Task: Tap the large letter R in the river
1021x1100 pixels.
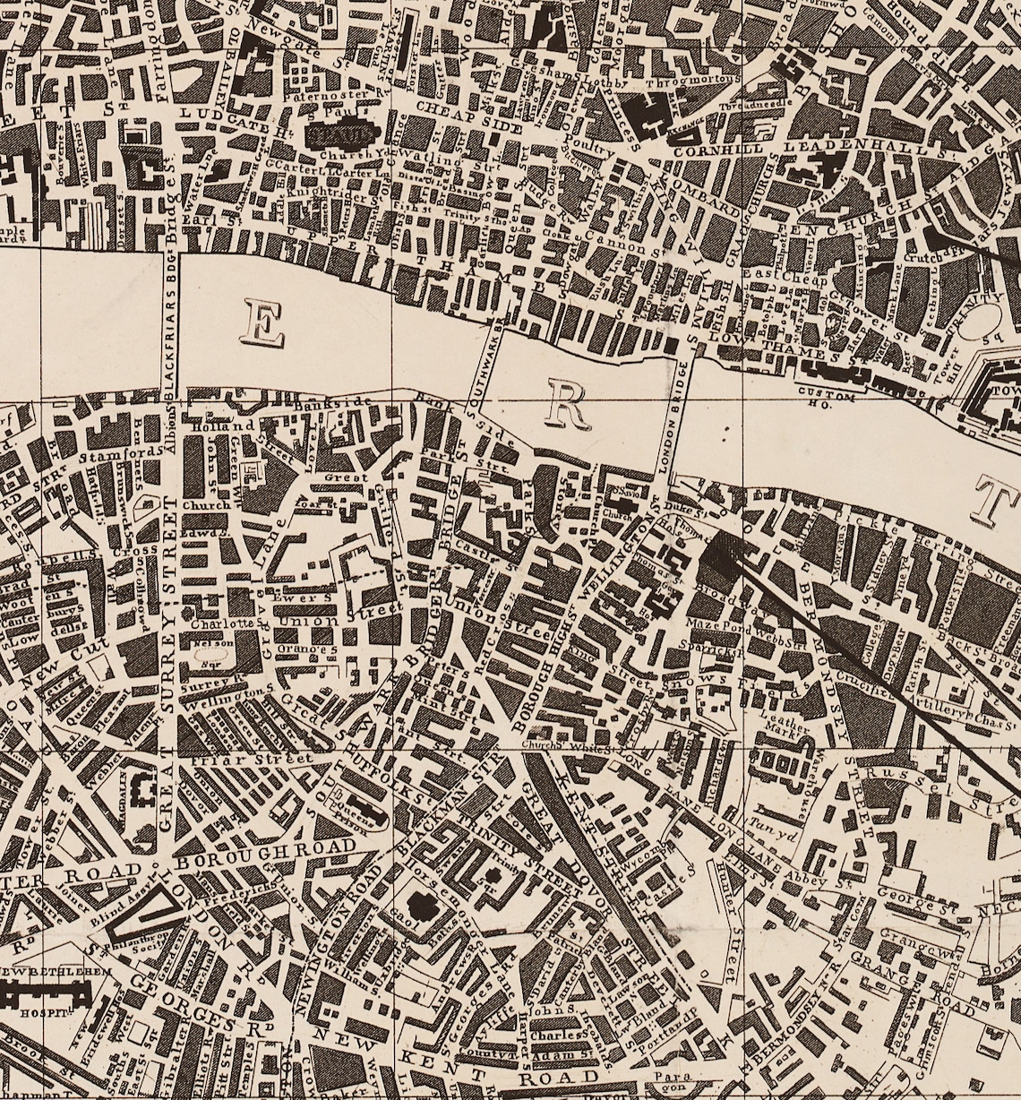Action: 565,407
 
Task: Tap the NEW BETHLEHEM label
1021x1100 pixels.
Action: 56,972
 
